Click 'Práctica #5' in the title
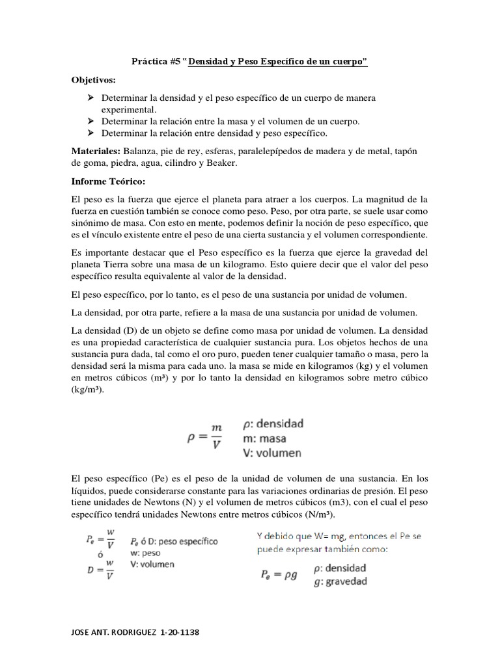(x=156, y=62)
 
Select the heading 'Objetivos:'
(x=94, y=79)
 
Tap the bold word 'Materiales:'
(x=97, y=151)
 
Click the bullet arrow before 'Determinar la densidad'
(x=90, y=98)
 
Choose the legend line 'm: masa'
(x=264, y=438)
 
